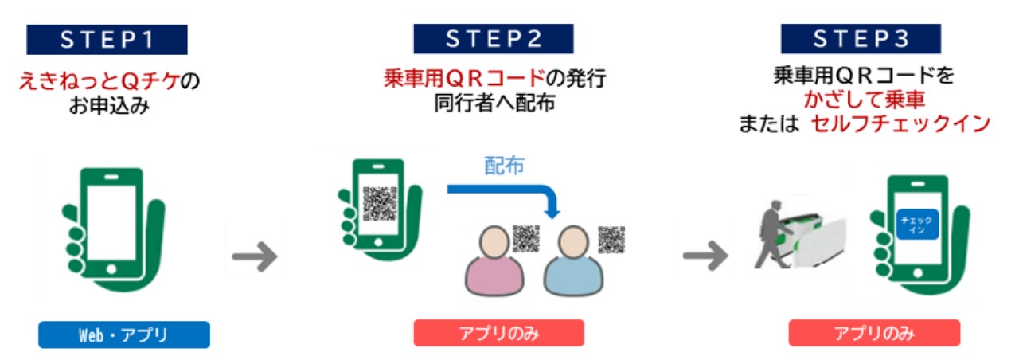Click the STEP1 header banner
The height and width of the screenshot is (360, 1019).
pyautogui.click(x=107, y=40)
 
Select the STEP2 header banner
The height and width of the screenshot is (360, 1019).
pyautogui.click(x=493, y=40)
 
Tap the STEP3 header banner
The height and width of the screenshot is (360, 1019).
pyautogui.click(x=861, y=40)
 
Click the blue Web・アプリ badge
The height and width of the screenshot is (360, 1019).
pyautogui.click(x=123, y=335)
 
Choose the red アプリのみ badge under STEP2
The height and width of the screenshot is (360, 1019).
pyautogui.click(x=498, y=333)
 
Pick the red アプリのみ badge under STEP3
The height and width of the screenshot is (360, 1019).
pyautogui.click(x=874, y=333)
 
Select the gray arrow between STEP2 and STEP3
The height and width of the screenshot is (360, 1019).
pyautogui.click(x=705, y=256)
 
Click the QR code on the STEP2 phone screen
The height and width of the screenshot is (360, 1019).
pyautogui.click(x=380, y=202)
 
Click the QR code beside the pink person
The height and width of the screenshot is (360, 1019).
pyautogui.click(x=526, y=238)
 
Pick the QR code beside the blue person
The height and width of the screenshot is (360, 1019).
pyautogui.click(x=611, y=238)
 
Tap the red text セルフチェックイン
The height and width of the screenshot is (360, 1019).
pyautogui.click(x=900, y=124)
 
